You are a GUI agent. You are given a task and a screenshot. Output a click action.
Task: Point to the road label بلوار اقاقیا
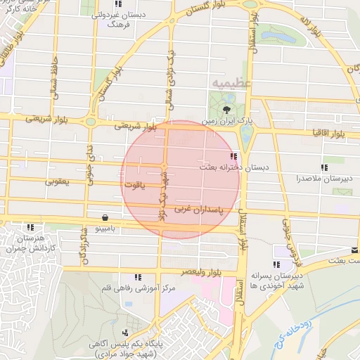[326, 132]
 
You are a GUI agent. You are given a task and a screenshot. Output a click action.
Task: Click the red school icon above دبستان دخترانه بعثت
[233, 156]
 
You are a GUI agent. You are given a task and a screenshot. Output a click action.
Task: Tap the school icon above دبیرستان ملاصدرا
[324, 167]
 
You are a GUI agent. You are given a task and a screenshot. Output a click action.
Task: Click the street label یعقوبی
[59, 181]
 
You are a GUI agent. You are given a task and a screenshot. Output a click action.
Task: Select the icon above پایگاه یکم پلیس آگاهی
[126, 333]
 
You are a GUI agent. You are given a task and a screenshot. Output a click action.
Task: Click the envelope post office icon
[355, 250]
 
